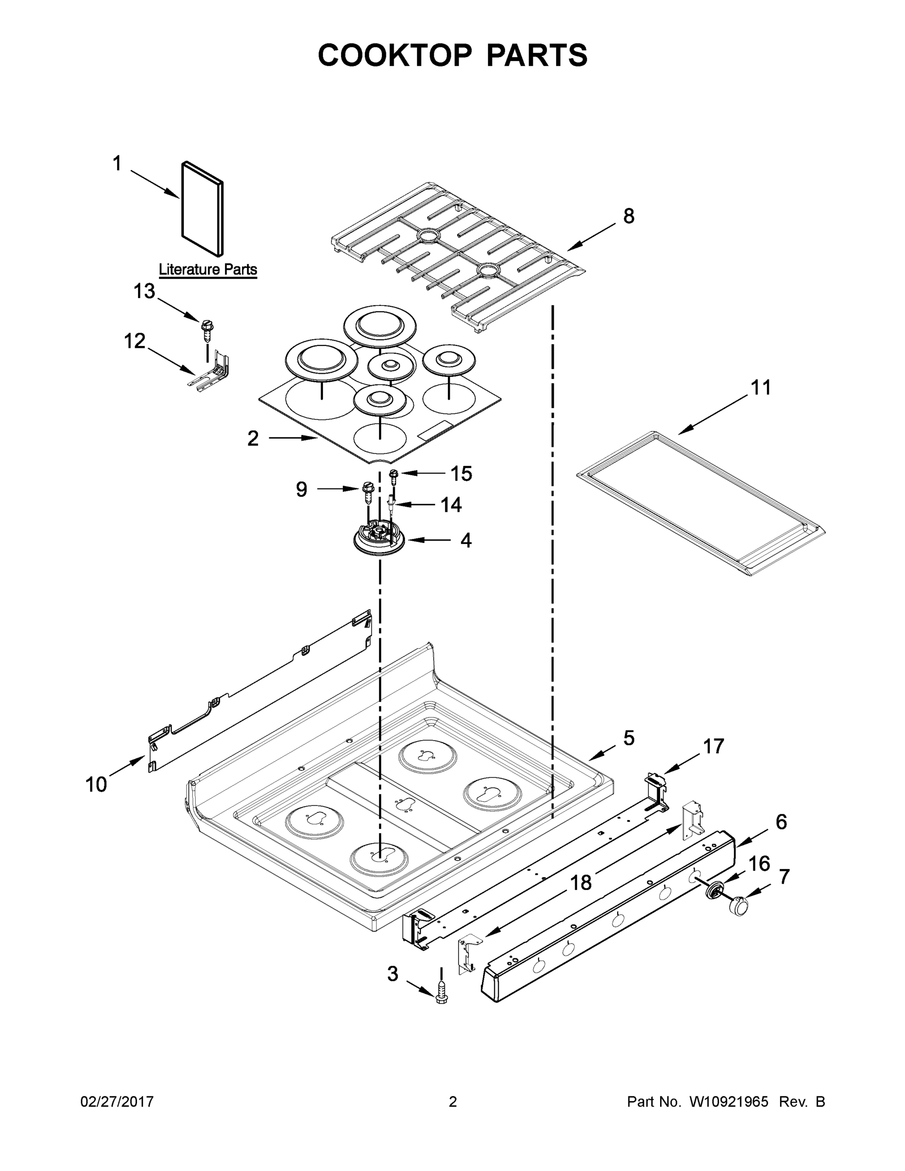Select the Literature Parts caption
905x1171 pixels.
coord(207,269)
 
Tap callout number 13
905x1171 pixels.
coord(144,291)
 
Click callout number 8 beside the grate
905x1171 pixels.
coord(628,216)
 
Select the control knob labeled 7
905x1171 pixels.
coord(739,906)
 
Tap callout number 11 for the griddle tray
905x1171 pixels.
coord(761,387)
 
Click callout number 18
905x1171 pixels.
coord(581,882)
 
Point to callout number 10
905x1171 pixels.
coord(96,785)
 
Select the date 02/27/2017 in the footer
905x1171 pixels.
coord(117,1102)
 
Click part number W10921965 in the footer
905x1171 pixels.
coord(728,1102)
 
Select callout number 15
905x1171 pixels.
coord(461,473)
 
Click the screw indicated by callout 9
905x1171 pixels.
coord(368,492)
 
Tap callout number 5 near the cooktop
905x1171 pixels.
coord(629,738)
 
